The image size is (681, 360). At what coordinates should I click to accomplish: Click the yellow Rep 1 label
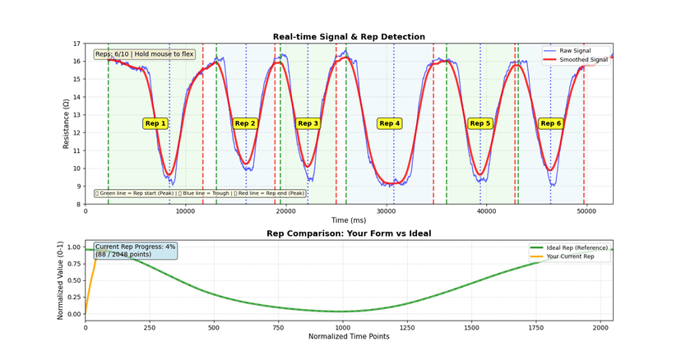pyautogui.click(x=155, y=123)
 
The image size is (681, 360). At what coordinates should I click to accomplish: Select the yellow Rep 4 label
pyautogui.click(x=389, y=123)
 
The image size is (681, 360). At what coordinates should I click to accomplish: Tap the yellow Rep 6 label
pyautogui.click(x=550, y=123)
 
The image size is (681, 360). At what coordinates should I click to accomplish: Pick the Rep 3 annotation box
pyautogui.click(x=308, y=123)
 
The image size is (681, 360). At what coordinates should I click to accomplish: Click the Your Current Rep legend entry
pyautogui.click(x=578, y=256)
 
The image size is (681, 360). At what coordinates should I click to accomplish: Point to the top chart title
pyautogui.click(x=349, y=37)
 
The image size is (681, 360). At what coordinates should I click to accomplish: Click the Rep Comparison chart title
pyautogui.click(x=349, y=233)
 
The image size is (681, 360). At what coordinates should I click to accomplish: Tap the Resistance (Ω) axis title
pyautogui.click(x=66, y=123)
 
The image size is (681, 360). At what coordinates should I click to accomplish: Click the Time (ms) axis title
pyautogui.click(x=349, y=220)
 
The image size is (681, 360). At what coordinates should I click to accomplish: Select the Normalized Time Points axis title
pyautogui.click(x=349, y=336)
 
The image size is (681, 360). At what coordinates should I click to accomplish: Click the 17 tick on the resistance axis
pyautogui.click(x=77, y=44)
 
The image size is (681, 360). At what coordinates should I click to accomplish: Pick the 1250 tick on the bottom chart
pyautogui.click(x=406, y=326)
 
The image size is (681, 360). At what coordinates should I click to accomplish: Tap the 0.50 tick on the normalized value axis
pyautogui.click(x=72, y=280)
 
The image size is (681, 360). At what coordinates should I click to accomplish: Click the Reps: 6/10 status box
pyautogui.click(x=144, y=54)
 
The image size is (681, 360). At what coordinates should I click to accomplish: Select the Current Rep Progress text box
pyautogui.click(x=135, y=251)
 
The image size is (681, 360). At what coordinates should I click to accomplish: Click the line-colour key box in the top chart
pyautogui.click(x=200, y=193)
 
